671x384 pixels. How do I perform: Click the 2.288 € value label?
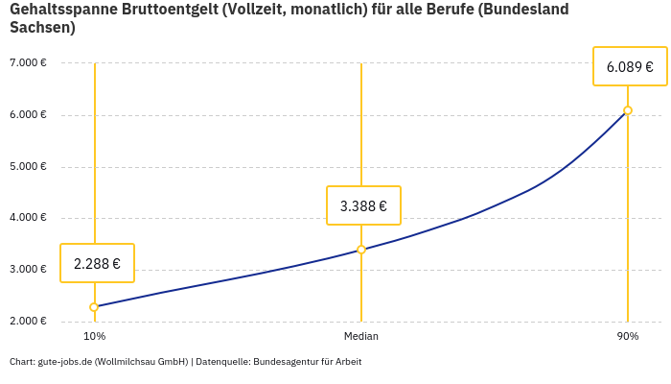click(97, 263)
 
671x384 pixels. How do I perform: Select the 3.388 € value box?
click(363, 205)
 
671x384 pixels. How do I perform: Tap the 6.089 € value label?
click(630, 66)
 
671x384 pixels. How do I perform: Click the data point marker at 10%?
click(94, 307)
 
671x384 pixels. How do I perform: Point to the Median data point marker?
click(361, 250)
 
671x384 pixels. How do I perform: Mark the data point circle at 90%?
click(628, 110)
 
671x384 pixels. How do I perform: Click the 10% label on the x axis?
click(94, 336)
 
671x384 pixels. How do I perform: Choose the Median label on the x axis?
click(361, 336)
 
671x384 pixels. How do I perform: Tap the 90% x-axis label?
click(628, 336)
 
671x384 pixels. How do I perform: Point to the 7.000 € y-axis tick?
click(28, 63)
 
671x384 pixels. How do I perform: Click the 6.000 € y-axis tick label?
click(28, 115)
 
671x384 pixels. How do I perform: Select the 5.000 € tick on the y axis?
click(28, 166)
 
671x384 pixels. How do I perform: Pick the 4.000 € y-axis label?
click(28, 218)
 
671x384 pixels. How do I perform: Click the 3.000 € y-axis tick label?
click(28, 269)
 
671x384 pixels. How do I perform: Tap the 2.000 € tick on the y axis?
click(28, 321)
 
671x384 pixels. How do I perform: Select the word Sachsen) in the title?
click(42, 28)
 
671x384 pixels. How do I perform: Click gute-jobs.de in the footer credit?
click(64, 362)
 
